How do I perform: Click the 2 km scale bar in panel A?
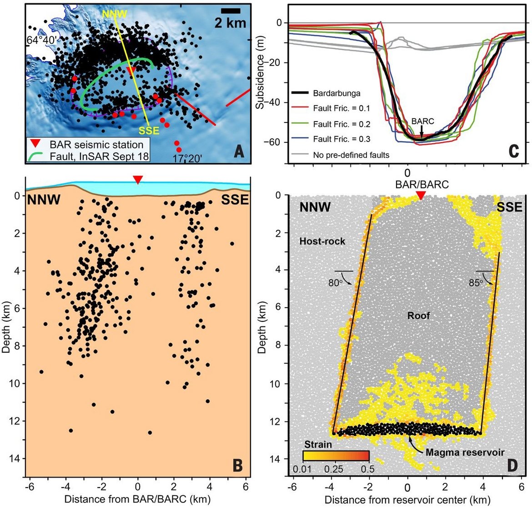pyautogui.click(x=231, y=11)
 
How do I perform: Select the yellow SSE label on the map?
pyautogui.click(x=149, y=131)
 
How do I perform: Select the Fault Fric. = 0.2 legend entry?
pyautogui.click(x=341, y=124)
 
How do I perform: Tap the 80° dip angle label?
pyautogui.click(x=335, y=283)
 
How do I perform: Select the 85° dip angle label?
pyautogui.click(x=476, y=283)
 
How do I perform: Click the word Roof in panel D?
pyautogui.click(x=419, y=315)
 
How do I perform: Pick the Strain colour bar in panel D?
pyautogui.click(x=336, y=456)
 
